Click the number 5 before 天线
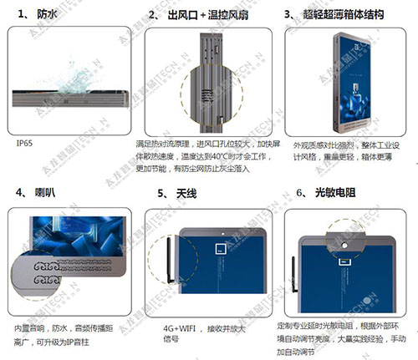point(161,193)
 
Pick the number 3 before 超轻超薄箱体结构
point(288,14)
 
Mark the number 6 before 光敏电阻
point(300,193)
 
